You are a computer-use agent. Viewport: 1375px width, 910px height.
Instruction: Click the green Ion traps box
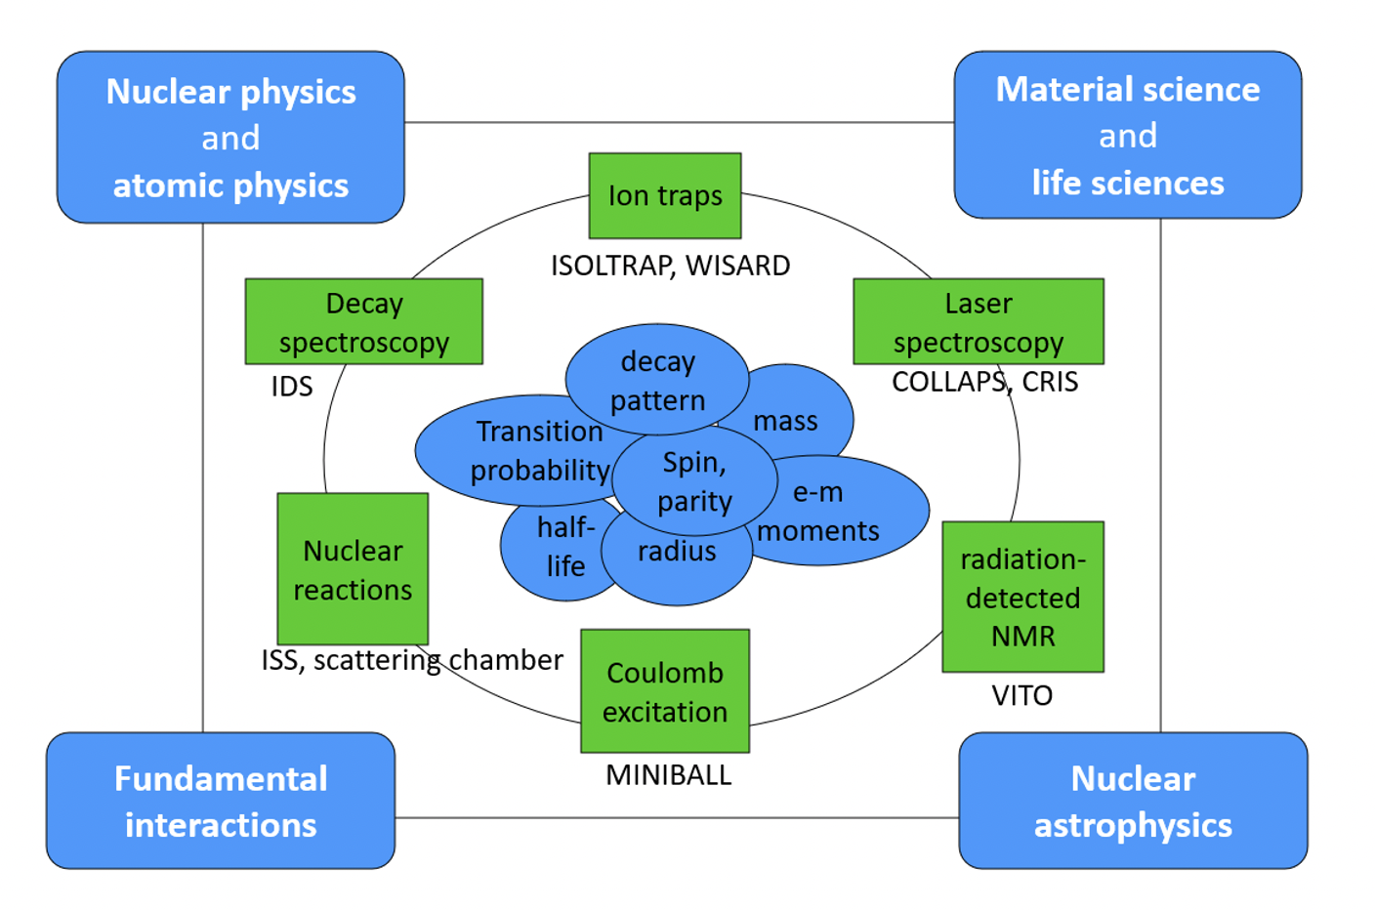click(x=665, y=195)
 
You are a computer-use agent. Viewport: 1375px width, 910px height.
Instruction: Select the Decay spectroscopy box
click(x=364, y=321)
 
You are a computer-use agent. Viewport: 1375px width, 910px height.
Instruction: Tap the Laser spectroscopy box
click(x=979, y=321)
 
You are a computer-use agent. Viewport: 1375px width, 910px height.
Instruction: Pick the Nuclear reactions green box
click(x=353, y=569)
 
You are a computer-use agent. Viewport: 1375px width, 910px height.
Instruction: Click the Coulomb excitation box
click(x=665, y=691)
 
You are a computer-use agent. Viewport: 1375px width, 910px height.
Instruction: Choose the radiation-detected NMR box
click(x=1023, y=597)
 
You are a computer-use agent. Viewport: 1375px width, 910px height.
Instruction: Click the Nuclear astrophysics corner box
click(x=1133, y=801)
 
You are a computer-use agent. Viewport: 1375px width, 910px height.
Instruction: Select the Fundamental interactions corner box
click(x=221, y=801)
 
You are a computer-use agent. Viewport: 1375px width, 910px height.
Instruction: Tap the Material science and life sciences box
click(x=1128, y=135)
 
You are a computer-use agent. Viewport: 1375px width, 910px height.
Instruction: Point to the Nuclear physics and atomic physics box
click(x=230, y=138)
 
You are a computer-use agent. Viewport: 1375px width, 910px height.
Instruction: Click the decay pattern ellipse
click(x=657, y=380)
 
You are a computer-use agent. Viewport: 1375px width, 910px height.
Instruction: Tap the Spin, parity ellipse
click(x=695, y=480)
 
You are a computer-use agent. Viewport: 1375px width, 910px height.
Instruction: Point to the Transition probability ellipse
click(x=521, y=450)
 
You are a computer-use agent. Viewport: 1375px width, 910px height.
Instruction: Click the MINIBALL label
click(x=669, y=775)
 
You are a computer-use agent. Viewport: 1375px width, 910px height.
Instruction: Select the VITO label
click(x=1022, y=695)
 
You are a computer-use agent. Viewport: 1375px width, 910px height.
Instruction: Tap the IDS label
click(x=292, y=387)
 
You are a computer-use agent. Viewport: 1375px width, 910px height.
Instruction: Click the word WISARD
click(x=738, y=266)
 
